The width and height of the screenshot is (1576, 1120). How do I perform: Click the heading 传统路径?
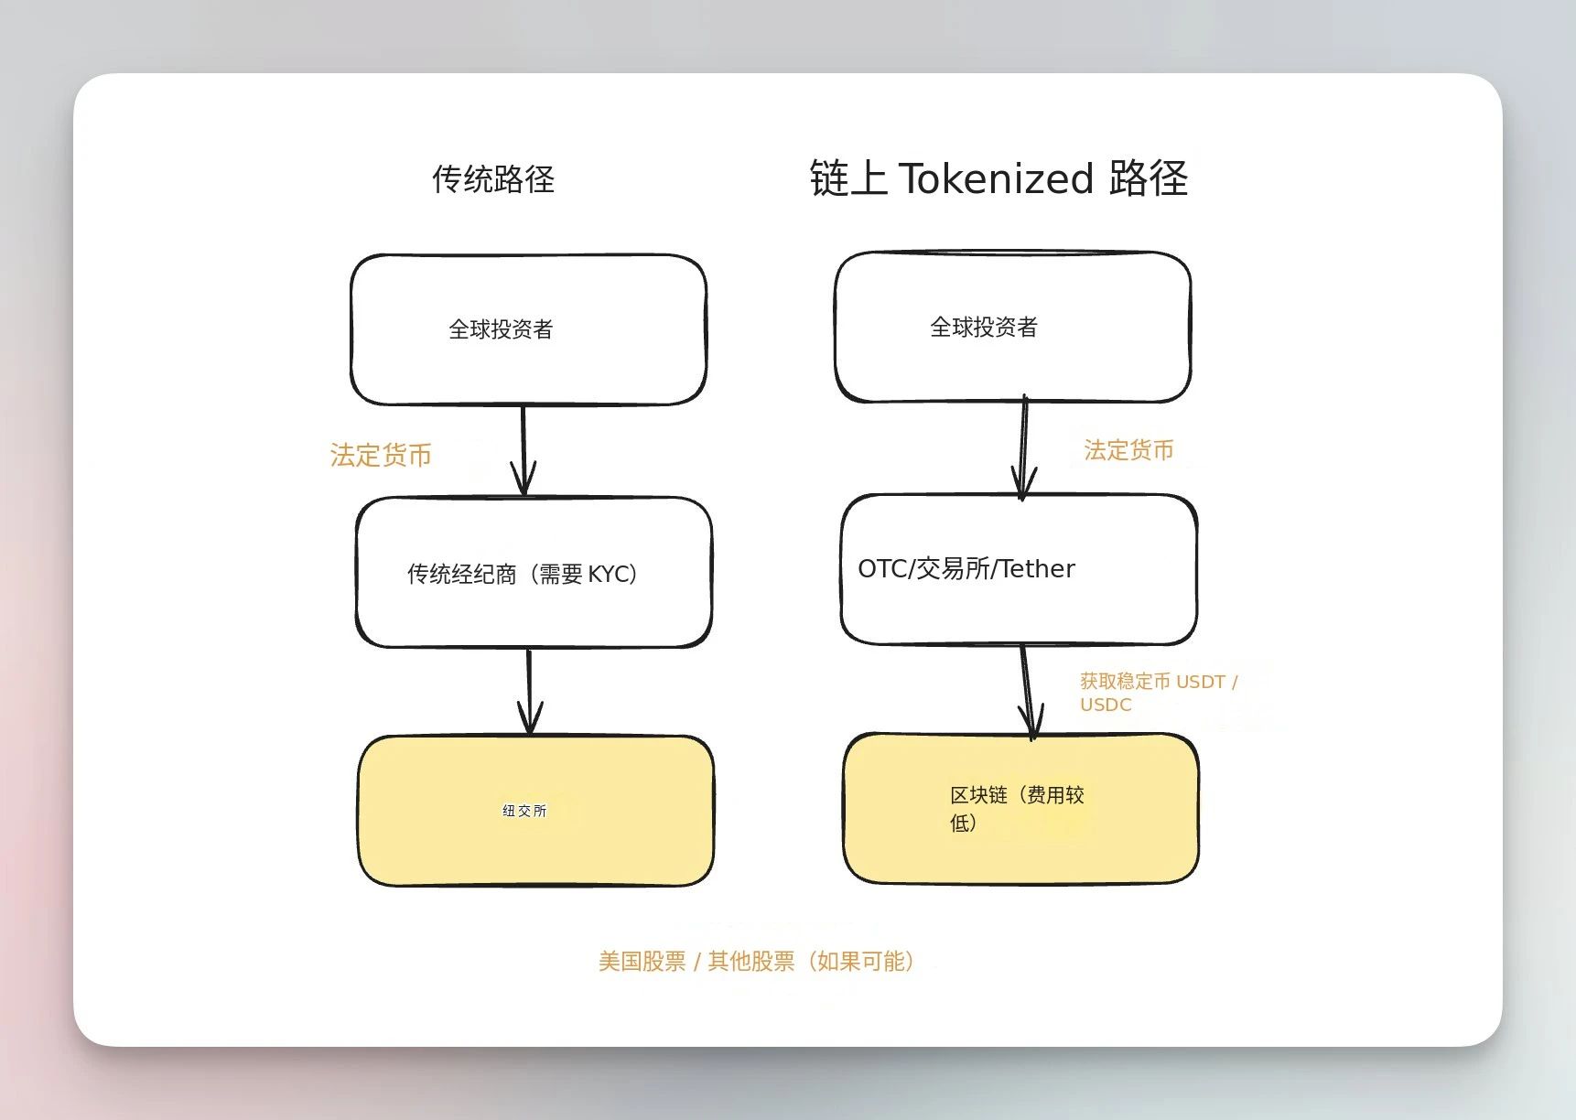click(x=493, y=178)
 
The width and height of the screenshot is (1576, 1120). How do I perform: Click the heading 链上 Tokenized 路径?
click(x=998, y=178)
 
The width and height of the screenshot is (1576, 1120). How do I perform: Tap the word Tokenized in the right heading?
click(x=997, y=178)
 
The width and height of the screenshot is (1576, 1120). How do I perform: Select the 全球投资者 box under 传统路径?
click(x=528, y=329)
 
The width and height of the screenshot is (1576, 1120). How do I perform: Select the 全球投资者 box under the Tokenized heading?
click(x=1012, y=327)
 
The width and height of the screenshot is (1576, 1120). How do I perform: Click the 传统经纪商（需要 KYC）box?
click(x=534, y=573)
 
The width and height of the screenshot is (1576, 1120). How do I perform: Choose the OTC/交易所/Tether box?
click(x=1019, y=569)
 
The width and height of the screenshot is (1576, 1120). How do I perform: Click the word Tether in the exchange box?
click(x=1037, y=568)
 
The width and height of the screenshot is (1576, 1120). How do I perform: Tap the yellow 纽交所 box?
click(x=535, y=811)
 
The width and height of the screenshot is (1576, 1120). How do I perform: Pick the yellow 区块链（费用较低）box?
click(x=1020, y=808)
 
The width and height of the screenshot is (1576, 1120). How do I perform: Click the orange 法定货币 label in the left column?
click(x=381, y=455)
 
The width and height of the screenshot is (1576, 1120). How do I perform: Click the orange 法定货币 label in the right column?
click(x=1128, y=449)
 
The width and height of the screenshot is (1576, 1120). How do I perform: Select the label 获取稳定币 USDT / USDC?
click(x=1159, y=693)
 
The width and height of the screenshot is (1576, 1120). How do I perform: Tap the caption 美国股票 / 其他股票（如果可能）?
click(x=756, y=961)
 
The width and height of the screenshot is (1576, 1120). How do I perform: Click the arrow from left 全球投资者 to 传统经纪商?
click(x=524, y=450)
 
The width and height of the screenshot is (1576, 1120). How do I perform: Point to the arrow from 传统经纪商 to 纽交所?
click(x=529, y=692)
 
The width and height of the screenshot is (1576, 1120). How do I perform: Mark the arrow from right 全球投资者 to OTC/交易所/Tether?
click(x=1023, y=447)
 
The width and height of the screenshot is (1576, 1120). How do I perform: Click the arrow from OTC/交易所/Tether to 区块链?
click(x=1028, y=692)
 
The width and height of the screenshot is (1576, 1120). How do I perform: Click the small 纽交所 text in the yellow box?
click(x=524, y=811)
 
